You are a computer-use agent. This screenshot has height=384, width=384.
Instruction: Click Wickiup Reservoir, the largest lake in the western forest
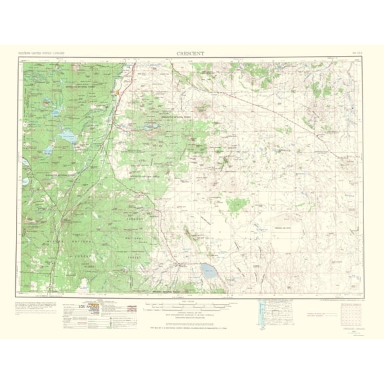click(67, 137)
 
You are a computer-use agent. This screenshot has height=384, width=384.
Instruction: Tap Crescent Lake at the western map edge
click(25, 181)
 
